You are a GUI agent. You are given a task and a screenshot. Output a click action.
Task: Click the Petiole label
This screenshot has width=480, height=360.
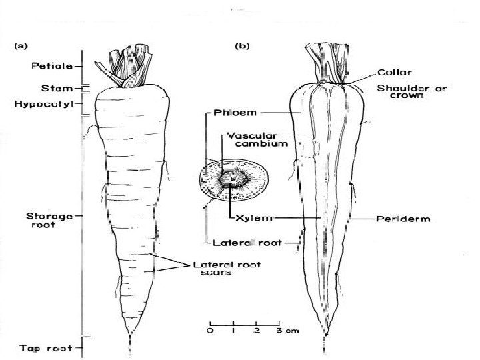pos(47,66)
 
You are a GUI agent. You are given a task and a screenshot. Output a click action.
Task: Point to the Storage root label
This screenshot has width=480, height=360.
pos(45,220)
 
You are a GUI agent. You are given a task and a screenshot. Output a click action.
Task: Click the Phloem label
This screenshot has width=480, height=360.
pos(231,113)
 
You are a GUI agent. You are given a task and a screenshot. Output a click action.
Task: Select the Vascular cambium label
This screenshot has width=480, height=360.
pos(257,138)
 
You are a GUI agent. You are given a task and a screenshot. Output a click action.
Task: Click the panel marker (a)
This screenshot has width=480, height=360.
pos(21,46)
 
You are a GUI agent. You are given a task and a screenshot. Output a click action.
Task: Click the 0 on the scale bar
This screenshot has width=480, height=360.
pos(210,331)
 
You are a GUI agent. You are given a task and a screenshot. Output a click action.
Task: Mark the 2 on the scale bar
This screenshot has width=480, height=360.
pos(257,331)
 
